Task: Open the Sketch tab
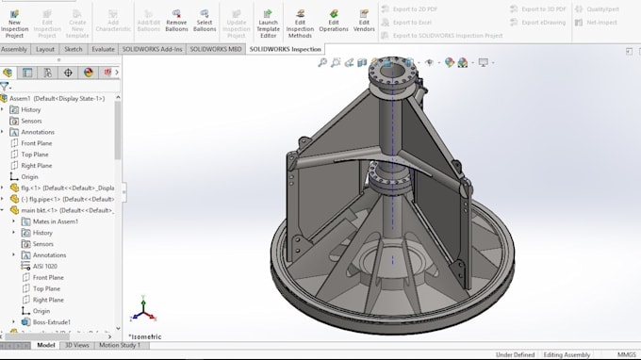74,49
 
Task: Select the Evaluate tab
104,49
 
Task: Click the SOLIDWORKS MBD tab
216,49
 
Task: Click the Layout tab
44,49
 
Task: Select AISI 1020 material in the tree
45,267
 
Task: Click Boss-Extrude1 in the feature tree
52,322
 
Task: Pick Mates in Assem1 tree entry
56,221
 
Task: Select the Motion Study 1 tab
120,345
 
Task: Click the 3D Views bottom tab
76,345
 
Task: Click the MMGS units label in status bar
626,355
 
